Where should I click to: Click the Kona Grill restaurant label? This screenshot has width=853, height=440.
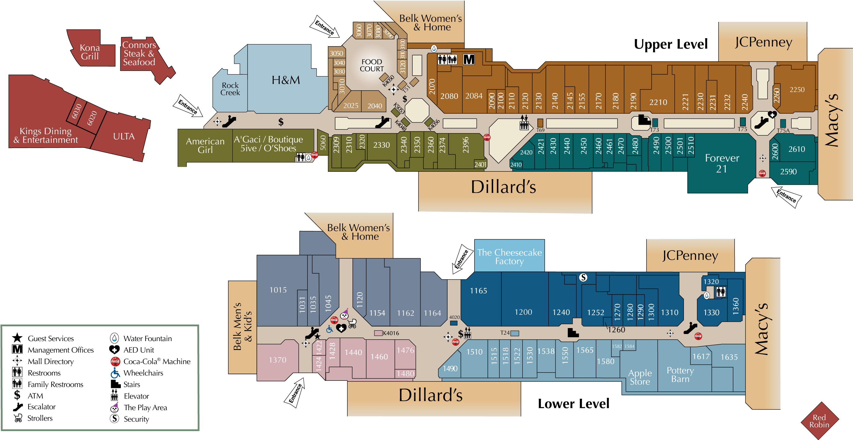pyautogui.click(x=90, y=52)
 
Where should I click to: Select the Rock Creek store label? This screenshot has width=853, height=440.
pyautogui.click(x=230, y=89)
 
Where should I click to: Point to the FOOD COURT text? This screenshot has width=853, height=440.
pyautogui.click(x=372, y=65)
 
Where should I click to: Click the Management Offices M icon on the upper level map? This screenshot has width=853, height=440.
pyautogui.click(x=469, y=60)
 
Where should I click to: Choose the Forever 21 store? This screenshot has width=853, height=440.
pyautogui.click(x=722, y=163)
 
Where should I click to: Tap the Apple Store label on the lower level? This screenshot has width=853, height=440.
pyautogui.click(x=640, y=378)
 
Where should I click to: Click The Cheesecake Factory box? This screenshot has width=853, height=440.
pyautogui.click(x=509, y=256)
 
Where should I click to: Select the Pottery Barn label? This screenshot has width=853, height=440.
pyautogui.click(x=680, y=375)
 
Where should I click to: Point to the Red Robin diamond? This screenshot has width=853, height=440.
pyautogui.click(x=820, y=421)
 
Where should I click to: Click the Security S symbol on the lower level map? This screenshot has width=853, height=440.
pyautogui.click(x=583, y=277)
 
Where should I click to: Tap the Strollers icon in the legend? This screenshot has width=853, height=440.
pyautogui.click(x=18, y=418)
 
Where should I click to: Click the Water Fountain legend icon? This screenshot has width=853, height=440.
pyautogui.click(x=114, y=338)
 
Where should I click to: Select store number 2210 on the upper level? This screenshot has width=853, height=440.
pyautogui.click(x=658, y=102)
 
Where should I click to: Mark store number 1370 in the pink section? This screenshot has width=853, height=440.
pyautogui.click(x=278, y=360)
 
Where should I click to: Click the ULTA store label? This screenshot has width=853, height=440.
pyautogui.click(x=124, y=137)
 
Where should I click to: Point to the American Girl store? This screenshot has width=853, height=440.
pyautogui.click(x=205, y=146)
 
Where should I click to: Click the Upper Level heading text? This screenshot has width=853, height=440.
pyautogui.click(x=671, y=44)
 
